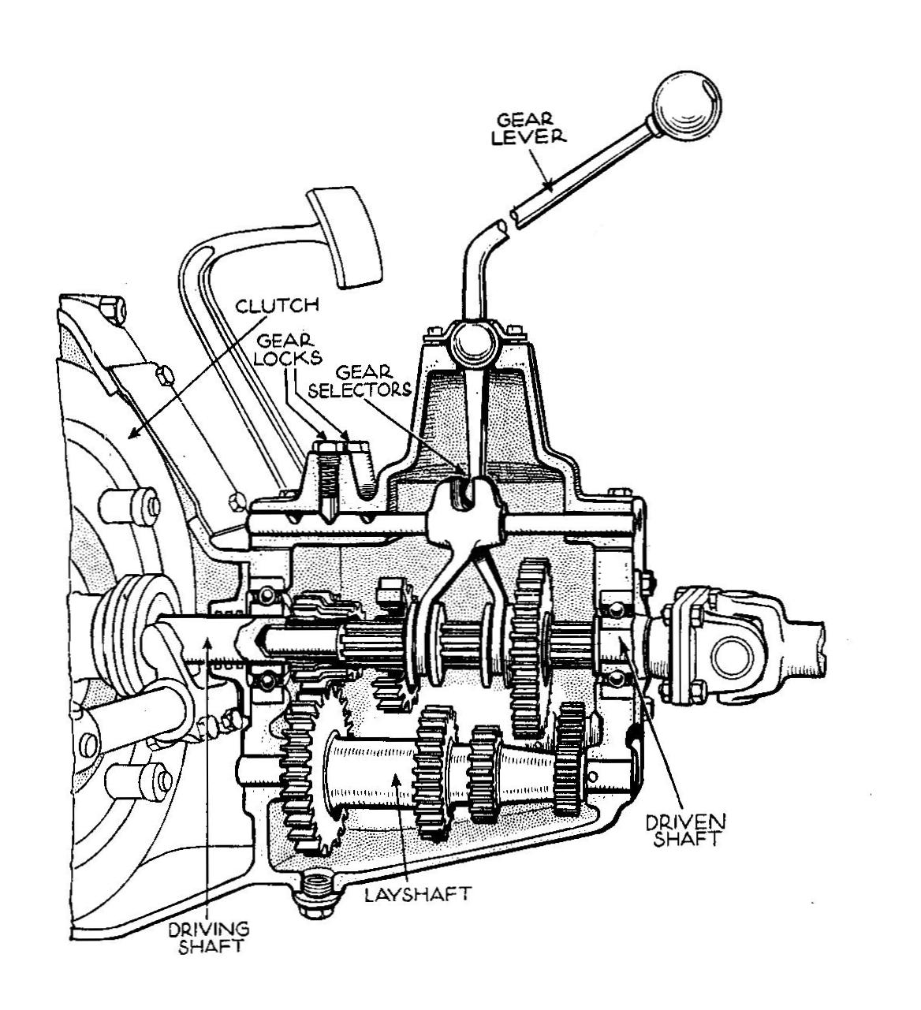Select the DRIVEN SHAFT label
(684, 830)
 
